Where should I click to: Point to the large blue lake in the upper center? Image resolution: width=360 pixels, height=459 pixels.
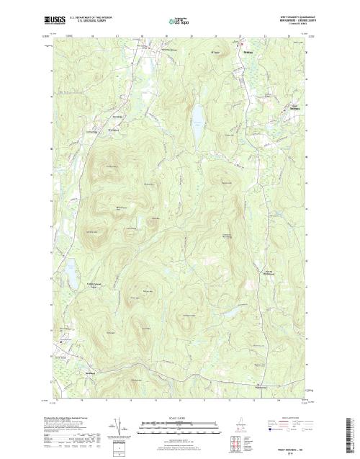tap(195, 115)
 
